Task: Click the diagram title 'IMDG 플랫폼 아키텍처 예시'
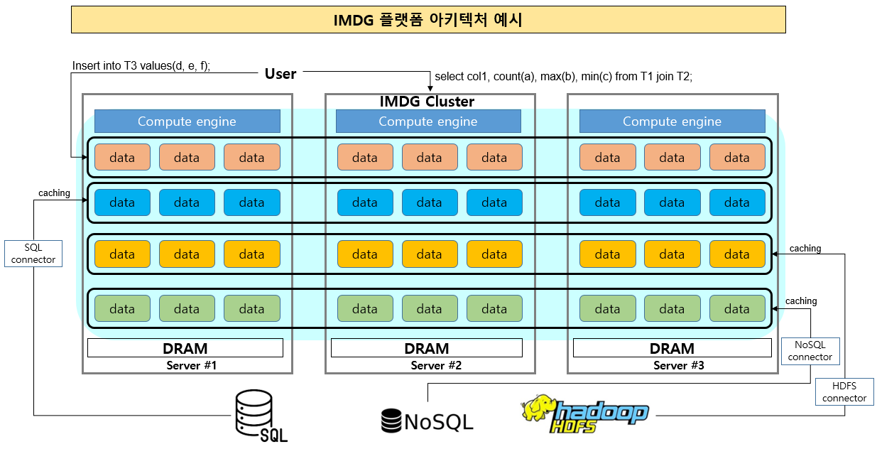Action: pos(428,20)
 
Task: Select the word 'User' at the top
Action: pos(280,74)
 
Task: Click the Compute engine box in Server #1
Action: pos(187,121)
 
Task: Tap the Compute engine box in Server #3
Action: pos(672,121)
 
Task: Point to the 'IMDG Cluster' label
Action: pos(427,102)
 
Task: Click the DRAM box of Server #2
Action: pos(427,348)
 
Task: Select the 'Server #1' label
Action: pos(192,366)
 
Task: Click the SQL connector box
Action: pos(33,254)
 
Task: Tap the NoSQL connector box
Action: pos(810,351)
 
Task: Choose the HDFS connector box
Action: pos(844,391)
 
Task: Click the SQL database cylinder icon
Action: pos(254,413)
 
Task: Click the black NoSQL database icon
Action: pos(391,421)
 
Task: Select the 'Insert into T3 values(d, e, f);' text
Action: pos(141,65)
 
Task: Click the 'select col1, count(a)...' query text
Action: pos(563,76)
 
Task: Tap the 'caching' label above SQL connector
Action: pos(54,193)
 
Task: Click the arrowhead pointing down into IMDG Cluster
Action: pos(430,89)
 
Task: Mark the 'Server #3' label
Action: pos(678,366)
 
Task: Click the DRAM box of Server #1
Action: pos(185,348)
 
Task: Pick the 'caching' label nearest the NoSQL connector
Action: pos(801,301)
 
